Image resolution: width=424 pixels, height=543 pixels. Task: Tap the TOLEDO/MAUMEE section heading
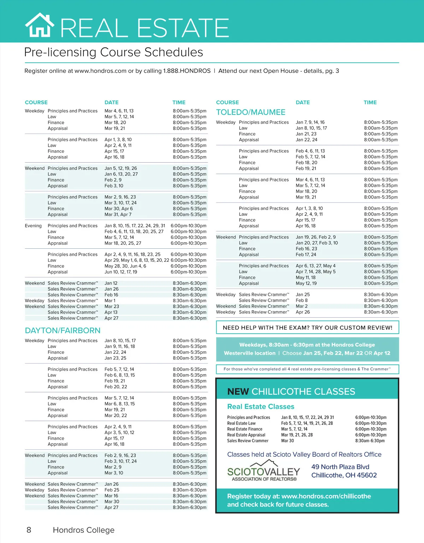tap(251, 112)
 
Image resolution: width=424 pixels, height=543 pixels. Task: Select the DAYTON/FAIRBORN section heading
tap(63, 331)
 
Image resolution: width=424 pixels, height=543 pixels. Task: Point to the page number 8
tap(29, 530)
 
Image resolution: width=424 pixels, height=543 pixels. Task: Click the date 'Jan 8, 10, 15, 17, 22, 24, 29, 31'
tap(135, 226)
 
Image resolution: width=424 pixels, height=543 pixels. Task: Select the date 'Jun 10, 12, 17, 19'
tap(121, 272)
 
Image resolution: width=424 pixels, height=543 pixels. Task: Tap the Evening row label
tap(33, 226)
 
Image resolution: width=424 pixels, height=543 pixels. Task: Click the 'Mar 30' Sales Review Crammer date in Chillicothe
tap(287, 441)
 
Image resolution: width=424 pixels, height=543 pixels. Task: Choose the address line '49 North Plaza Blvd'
tap(340, 467)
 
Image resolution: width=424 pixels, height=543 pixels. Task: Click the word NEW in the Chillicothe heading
tap(238, 392)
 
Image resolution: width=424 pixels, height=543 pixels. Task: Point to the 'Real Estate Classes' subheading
tap(261, 407)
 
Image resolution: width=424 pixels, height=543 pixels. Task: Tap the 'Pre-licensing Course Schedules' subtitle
tap(113, 52)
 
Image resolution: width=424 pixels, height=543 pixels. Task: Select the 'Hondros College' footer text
tap(83, 530)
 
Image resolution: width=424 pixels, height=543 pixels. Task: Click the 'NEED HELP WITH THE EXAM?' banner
tap(307, 328)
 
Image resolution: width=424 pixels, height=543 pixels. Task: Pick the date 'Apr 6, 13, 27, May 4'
tap(316, 266)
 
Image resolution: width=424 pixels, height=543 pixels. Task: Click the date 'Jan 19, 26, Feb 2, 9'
tap(316, 237)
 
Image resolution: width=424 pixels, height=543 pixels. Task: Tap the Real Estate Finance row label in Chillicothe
tap(245, 429)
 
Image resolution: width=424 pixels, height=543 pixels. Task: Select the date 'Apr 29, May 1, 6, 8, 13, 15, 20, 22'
tap(137, 260)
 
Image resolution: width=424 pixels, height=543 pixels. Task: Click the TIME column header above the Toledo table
tap(370, 103)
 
